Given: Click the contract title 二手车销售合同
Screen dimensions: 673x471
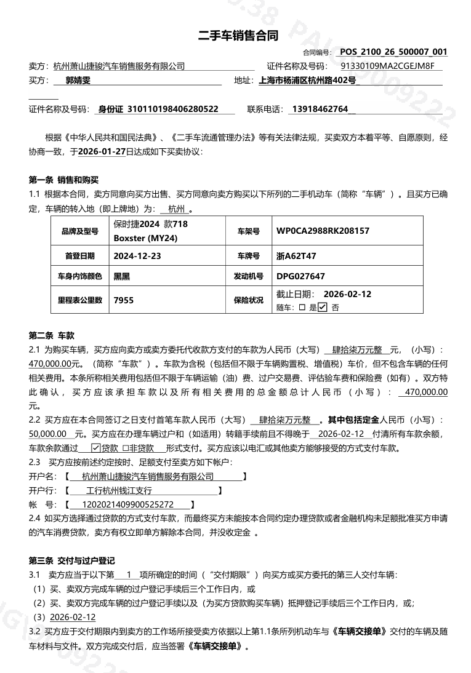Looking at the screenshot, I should [x=238, y=36].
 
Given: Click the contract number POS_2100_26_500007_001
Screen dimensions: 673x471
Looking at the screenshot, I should [x=393, y=52].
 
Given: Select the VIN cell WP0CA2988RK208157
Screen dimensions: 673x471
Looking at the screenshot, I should [x=323, y=231].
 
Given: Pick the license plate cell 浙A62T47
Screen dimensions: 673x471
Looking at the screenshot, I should [x=297, y=255].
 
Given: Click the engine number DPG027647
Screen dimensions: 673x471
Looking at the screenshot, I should [x=300, y=277].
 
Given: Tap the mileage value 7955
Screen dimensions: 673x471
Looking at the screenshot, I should [x=123, y=300].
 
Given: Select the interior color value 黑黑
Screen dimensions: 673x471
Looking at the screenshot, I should [x=122, y=277].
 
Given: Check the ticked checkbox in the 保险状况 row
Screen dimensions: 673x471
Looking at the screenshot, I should [x=323, y=307].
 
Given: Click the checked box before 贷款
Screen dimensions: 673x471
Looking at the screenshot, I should [x=95, y=448].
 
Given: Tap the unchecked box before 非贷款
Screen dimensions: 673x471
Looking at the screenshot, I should [x=126, y=448].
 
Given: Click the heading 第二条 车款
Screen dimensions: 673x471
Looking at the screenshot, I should [x=51, y=335].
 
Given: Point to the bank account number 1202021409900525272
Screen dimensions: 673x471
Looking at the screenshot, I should [x=123, y=504].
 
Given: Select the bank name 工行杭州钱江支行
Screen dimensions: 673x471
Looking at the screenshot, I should [x=119, y=490].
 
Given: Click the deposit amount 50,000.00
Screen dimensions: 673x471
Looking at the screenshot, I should [x=47, y=434].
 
